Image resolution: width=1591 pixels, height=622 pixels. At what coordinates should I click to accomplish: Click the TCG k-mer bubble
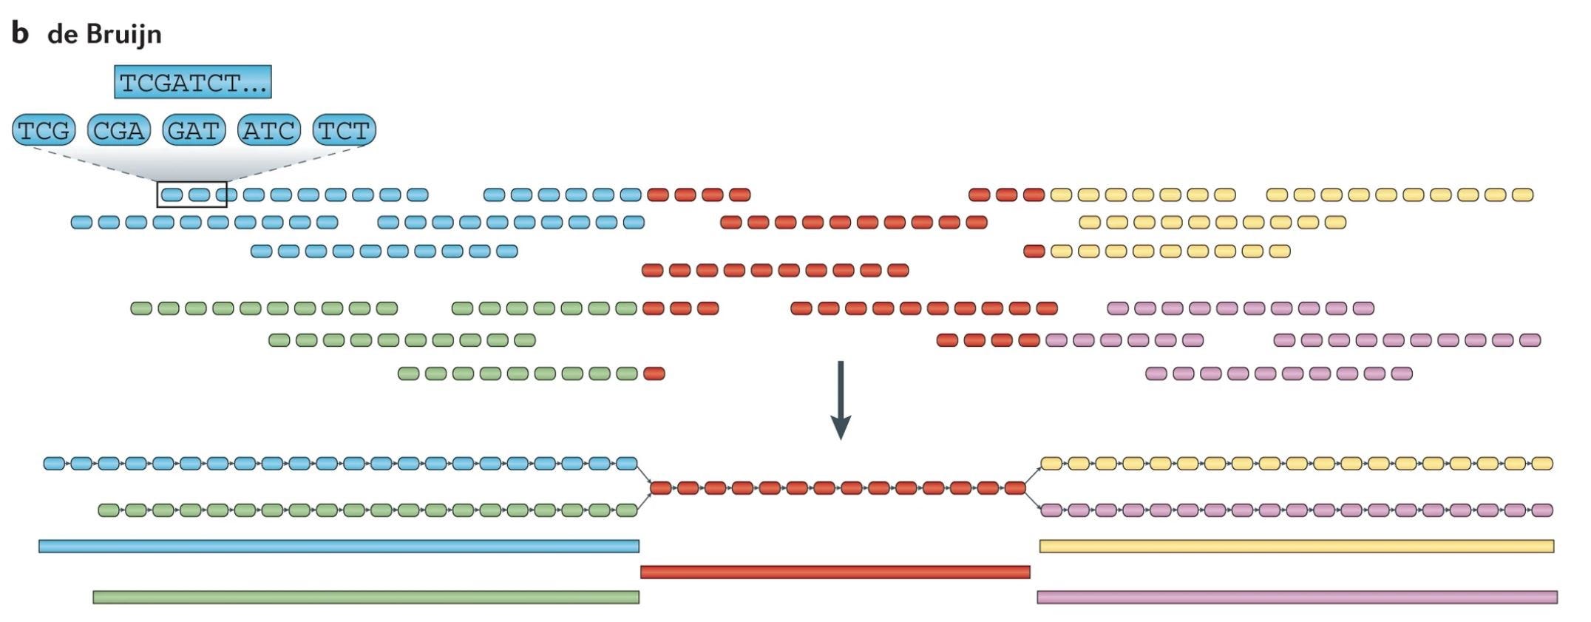(44, 130)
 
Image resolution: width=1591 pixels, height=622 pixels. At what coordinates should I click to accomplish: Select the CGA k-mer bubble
(119, 130)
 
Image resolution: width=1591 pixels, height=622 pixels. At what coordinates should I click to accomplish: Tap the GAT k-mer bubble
(194, 130)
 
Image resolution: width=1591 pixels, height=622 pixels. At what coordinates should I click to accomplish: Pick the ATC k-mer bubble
(269, 130)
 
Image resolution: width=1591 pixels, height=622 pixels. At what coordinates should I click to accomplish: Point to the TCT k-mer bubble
(345, 130)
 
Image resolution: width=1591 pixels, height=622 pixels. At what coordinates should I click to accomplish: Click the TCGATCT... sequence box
(193, 82)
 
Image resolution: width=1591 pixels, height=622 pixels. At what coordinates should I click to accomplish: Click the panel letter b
(20, 33)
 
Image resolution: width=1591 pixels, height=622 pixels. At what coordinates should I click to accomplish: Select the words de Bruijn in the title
(104, 34)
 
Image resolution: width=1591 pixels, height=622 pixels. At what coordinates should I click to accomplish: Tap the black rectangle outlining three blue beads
(191, 195)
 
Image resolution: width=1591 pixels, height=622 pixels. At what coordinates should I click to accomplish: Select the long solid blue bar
(339, 547)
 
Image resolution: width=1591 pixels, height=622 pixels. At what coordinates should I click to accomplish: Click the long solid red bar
(835, 572)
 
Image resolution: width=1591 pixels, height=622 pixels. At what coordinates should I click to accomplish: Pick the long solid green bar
(366, 597)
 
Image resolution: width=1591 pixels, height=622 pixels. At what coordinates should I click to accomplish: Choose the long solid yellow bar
(1296, 547)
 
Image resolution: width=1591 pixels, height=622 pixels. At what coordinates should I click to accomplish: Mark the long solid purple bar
(1297, 597)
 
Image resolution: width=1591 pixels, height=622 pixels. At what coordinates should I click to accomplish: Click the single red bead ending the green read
(654, 373)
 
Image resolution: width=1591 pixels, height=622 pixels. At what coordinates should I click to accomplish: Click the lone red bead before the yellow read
(1034, 251)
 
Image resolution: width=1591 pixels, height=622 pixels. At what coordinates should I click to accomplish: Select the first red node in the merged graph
(660, 488)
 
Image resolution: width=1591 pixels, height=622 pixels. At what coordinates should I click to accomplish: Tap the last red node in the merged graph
(1015, 488)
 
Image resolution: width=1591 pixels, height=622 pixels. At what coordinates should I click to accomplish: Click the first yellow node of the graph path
(1051, 464)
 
